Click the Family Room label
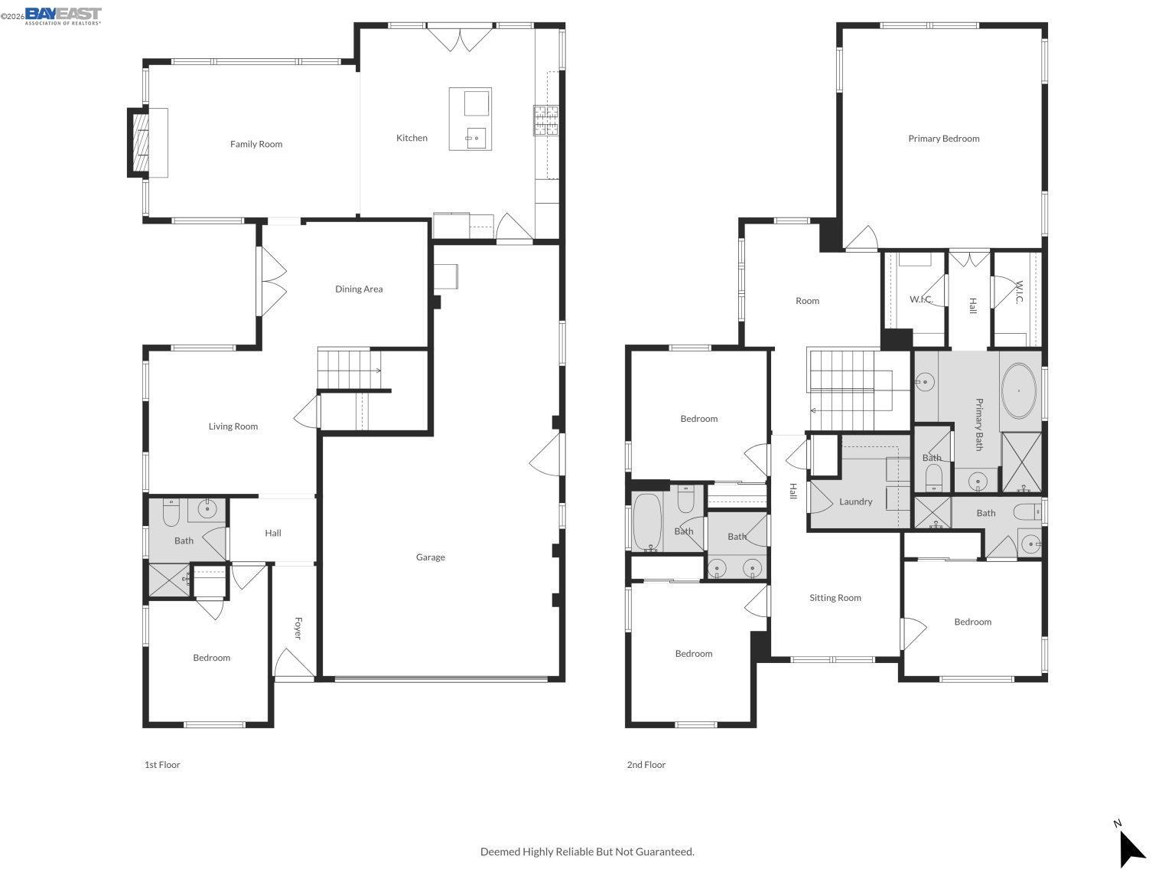[256, 144]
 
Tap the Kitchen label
[412, 138]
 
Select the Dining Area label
[359, 289]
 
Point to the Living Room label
[233, 426]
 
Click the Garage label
[431, 557]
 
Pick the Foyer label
[298, 629]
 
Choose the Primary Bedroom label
[943, 139]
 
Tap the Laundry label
[855, 501]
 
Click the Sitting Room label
[835, 598]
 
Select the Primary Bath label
[978, 424]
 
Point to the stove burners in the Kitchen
[546, 119]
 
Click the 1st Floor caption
[162, 765]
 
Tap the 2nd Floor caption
[646, 765]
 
